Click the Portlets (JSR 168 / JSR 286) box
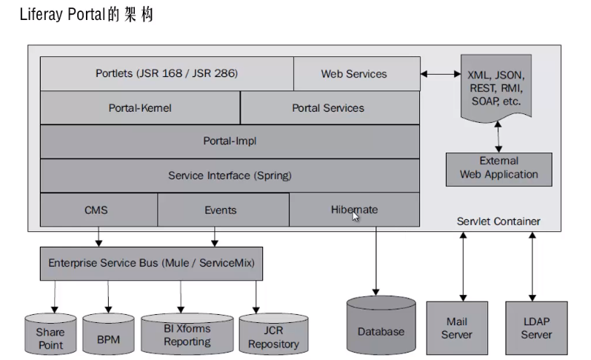point(167,74)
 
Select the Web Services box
point(354,74)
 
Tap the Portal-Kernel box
point(140,108)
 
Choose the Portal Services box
point(328,108)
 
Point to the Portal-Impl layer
point(230,141)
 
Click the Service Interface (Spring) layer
point(230,176)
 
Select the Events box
point(221,210)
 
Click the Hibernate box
point(354,210)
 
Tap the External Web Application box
point(498,168)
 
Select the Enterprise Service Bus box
point(151,263)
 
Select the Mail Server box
point(456,327)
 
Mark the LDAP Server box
point(536,327)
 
